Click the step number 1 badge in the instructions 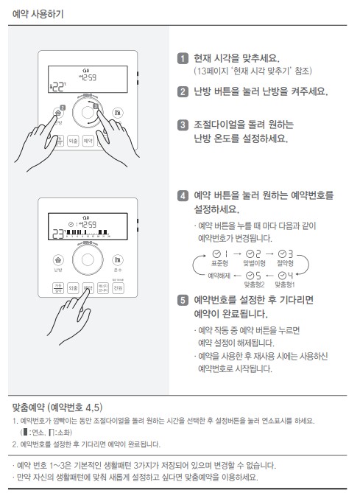pyautogui.click(x=183, y=58)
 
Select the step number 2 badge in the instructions pyautogui.click(x=183, y=92)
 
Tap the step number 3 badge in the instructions pyautogui.click(x=183, y=125)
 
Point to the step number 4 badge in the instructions pyautogui.click(x=183, y=196)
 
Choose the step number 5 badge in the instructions pyautogui.click(x=183, y=301)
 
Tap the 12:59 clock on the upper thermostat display pyautogui.click(x=88, y=77)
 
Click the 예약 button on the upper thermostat pyautogui.click(x=88, y=140)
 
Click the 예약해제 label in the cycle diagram pyautogui.click(x=219, y=275)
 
